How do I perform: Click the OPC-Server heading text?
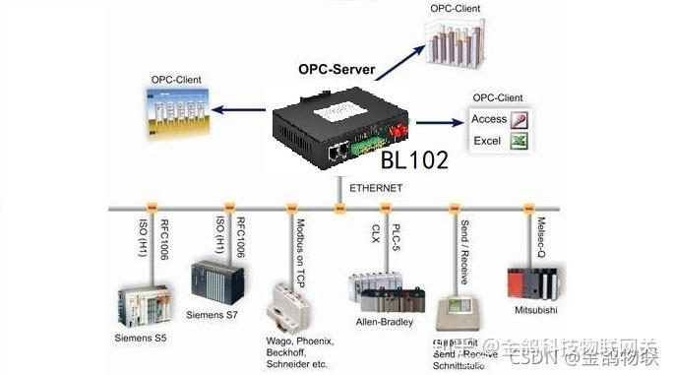pyautogui.click(x=339, y=72)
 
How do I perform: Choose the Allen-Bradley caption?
pyautogui.click(x=382, y=322)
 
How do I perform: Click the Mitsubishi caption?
pyautogui.click(x=537, y=309)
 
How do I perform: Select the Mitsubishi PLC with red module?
pyautogui.click(x=531, y=280)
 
